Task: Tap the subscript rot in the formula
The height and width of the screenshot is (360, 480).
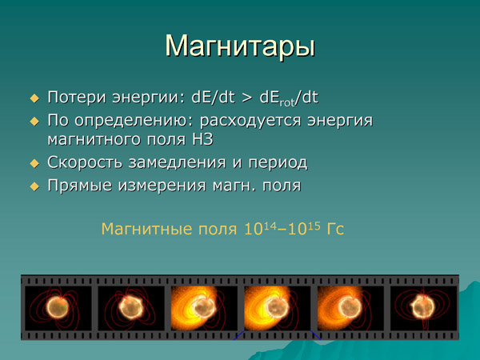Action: point(285,102)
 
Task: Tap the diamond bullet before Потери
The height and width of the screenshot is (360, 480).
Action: point(34,98)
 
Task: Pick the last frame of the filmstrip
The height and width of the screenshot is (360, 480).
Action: point(422,307)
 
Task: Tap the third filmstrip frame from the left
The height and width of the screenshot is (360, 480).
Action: point(203,307)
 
